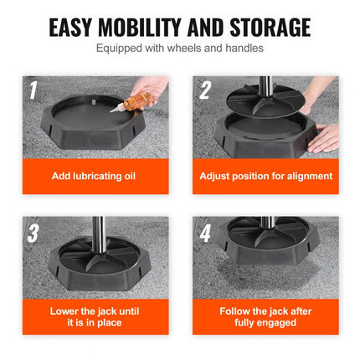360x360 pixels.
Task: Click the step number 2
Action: (x=204, y=90)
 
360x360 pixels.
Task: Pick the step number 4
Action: (x=204, y=232)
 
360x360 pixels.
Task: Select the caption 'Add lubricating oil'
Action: (x=95, y=177)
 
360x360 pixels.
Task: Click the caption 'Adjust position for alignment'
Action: (x=265, y=177)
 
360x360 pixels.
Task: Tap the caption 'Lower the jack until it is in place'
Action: (x=95, y=317)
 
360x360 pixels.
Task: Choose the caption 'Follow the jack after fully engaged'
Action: (x=265, y=317)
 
